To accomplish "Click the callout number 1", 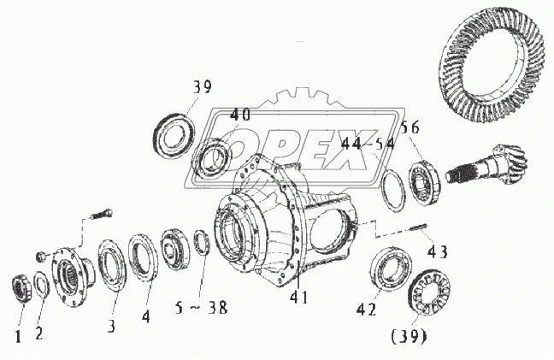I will point(17,334).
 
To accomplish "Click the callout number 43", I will point(437,252).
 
